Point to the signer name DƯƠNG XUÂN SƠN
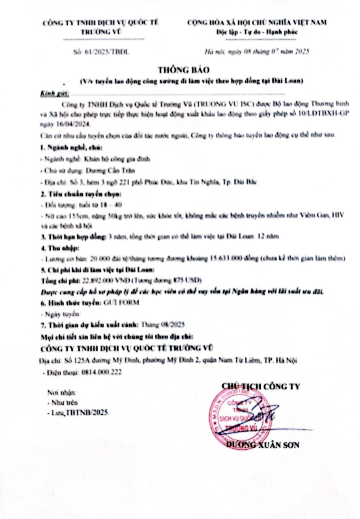(x=263, y=445)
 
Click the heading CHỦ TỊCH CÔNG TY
(x=260, y=386)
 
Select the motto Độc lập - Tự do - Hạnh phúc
(x=256, y=32)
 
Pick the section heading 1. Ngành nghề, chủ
(x=66, y=147)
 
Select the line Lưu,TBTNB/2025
(x=78, y=412)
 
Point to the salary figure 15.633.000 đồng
(x=233, y=258)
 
